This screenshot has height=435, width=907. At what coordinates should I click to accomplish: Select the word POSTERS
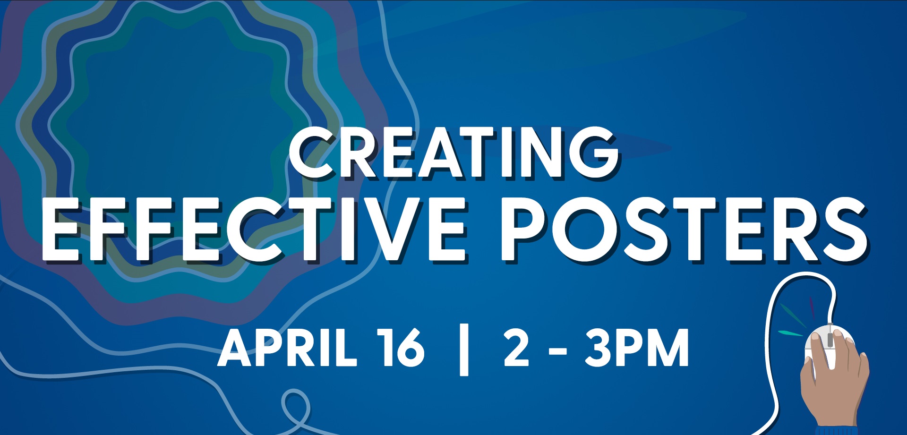684,229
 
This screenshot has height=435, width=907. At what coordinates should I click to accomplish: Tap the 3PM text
637,348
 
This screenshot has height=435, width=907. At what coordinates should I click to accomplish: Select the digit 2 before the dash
516,348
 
